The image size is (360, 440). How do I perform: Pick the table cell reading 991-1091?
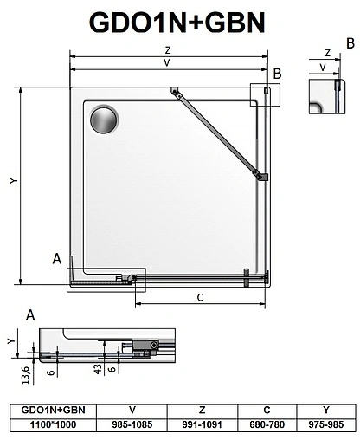[x=202, y=425]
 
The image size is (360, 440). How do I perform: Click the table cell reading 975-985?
[x=325, y=425]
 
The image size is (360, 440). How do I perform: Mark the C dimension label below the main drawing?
[x=200, y=299]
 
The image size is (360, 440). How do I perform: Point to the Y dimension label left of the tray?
[x=12, y=180]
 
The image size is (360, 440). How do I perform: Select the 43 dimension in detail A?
[x=98, y=369]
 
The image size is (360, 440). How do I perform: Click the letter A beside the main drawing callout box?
[x=57, y=258]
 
